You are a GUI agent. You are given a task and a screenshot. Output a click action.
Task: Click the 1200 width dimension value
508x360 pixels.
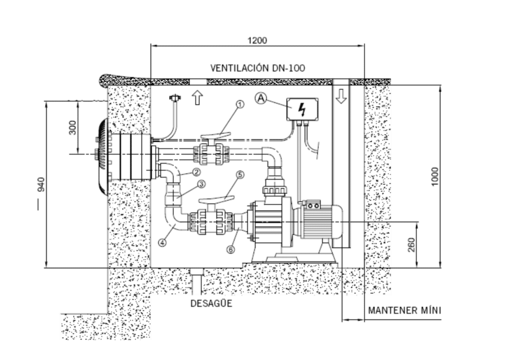(x=257, y=40)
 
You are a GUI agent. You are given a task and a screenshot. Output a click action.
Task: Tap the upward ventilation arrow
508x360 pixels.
(x=197, y=98)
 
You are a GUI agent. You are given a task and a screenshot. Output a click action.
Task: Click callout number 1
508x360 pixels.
(x=240, y=104)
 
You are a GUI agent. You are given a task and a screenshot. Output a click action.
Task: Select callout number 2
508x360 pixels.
(x=196, y=172)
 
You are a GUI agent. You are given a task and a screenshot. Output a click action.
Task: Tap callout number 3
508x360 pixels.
(x=201, y=184)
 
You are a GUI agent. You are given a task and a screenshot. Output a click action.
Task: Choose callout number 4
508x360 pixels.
(x=162, y=242)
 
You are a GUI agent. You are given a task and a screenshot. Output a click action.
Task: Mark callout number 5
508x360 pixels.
(x=240, y=175)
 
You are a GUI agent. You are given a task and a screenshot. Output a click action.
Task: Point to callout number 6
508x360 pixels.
(x=230, y=249)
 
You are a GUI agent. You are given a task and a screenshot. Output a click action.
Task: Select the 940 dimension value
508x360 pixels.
(x=41, y=184)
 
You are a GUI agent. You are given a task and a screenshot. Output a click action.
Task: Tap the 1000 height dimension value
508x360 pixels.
(x=435, y=177)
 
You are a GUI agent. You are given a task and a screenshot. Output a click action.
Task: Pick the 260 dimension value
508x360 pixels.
(x=411, y=244)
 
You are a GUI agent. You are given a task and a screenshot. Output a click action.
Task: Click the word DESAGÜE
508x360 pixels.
(x=211, y=303)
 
